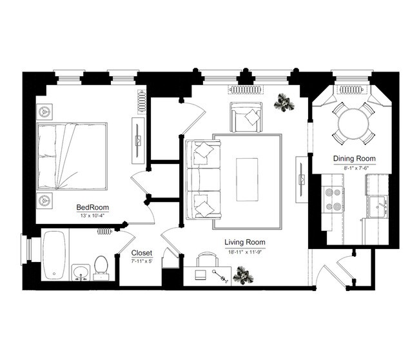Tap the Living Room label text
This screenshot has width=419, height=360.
[x=244, y=243]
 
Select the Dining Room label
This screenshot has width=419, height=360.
[x=354, y=158]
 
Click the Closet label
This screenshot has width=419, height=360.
[x=141, y=253]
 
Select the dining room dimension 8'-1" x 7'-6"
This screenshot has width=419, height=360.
[x=354, y=166]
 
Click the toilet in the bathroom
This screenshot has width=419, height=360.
[x=101, y=268]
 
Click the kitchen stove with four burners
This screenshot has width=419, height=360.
[x=332, y=199]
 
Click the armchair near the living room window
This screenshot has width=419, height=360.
[x=246, y=117]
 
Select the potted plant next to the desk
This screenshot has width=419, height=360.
[x=243, y=276]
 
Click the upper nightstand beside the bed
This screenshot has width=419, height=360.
[x=44, y=111]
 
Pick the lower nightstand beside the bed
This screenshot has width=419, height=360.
[x=44, y=199]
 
